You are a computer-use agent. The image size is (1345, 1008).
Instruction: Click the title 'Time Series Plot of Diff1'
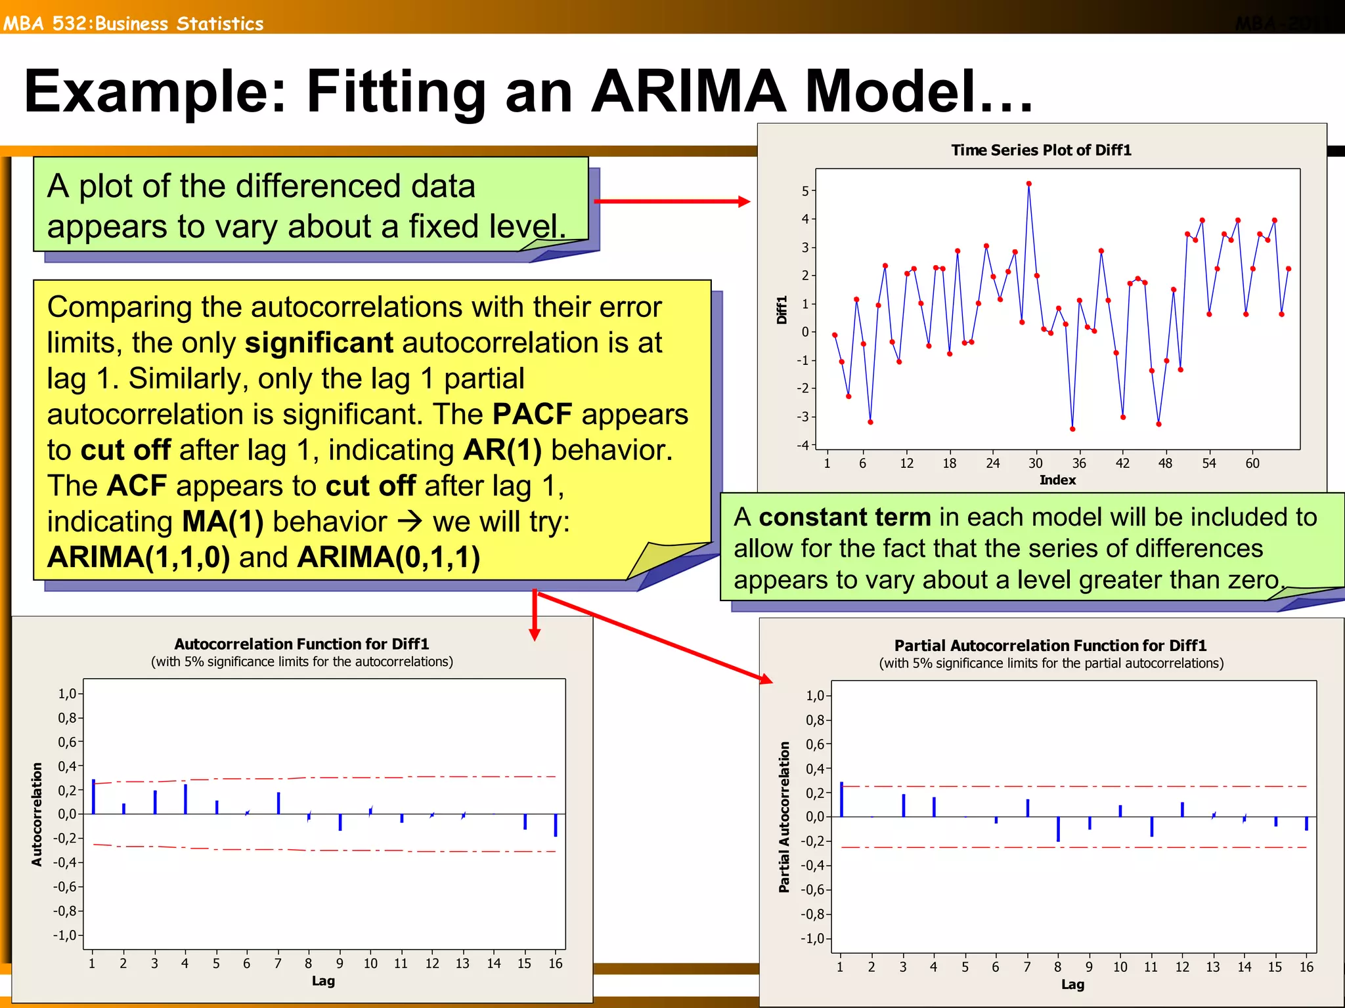pyautogui.click(x=1041, y=150)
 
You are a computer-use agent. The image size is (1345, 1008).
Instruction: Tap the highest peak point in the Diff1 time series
pyautogui.click(x=1028, y=184)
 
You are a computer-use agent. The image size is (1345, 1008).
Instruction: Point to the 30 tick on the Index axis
pyautogui.click(x=1036, y=463)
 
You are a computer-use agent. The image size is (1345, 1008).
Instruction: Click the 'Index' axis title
pyautogui.click(x=1057, y=480)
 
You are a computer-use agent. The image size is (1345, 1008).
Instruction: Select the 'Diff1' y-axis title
pyautogui.click(x=782, y=310)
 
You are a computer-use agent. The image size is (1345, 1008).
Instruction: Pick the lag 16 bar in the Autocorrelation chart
pyautogui.click(x=556, y=825)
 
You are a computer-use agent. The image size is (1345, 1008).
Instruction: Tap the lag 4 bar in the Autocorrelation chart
pyautogui.click(x=186, y=799)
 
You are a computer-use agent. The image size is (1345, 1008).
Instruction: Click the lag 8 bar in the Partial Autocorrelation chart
pyautogui.click(x=1058, y=829)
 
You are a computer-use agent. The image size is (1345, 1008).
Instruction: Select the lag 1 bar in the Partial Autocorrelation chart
pyautogui.click(x=841, y=800)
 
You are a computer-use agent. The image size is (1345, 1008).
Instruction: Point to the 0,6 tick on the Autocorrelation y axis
pyautogui.click(x=68, y=742)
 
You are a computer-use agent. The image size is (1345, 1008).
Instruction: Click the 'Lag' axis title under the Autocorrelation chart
pyautogui.click(x=323, y=981)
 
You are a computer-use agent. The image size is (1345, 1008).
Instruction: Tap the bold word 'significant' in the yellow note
pyautogui.click(x=319, y=343)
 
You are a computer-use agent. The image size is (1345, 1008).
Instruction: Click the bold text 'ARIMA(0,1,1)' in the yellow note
pyautogui.click(x=389, y=557)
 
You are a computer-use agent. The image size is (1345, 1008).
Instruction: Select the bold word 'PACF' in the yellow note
pyautogui.click(x=532, y=414)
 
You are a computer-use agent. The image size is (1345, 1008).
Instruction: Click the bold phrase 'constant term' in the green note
pyautogui.click(x=845, y=517)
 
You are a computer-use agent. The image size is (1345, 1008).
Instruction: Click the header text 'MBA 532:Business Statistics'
pyautogui.click(x=133, y=24)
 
